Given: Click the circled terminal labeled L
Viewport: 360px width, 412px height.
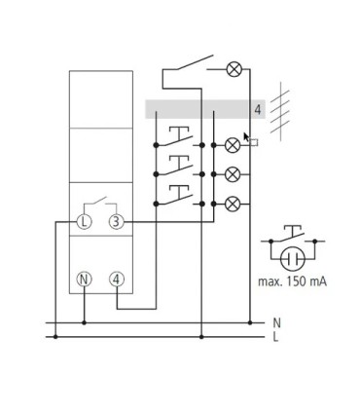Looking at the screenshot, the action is click(84, 222).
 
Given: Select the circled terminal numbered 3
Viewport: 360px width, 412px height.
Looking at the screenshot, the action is click(116, 222).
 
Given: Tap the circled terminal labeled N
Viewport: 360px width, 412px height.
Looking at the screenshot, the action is click(84, 280).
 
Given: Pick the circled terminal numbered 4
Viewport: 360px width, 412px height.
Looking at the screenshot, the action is click(117, 280).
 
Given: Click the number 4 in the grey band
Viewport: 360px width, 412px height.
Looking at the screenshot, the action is click(258, 110).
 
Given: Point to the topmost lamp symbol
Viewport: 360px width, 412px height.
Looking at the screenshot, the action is click(234, 69).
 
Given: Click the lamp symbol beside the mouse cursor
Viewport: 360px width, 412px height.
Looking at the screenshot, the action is click(233, 145).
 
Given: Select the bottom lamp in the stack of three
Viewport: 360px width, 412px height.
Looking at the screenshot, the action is click(233, 204).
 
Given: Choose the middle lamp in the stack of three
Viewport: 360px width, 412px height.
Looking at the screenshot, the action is click(233, 174).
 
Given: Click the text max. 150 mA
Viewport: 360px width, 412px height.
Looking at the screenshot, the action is click(292, 281).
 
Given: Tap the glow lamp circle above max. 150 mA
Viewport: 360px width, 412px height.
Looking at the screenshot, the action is click(292, 259).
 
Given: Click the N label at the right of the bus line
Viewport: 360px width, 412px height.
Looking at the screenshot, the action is click(276, 323).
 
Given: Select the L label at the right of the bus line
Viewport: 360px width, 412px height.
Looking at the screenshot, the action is click(275, 337).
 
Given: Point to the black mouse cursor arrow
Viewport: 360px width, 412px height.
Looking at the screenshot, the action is click(246, 137).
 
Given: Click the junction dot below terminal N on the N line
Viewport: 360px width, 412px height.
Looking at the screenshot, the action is click(85, 322).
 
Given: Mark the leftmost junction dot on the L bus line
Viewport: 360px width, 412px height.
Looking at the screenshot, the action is click(55, 337).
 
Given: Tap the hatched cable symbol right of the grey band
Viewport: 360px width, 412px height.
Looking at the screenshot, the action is click(280, 111).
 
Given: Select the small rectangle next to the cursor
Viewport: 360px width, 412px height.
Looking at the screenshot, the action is click(254, 142).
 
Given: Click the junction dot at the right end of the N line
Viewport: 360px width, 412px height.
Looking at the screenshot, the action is click(250, 322).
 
